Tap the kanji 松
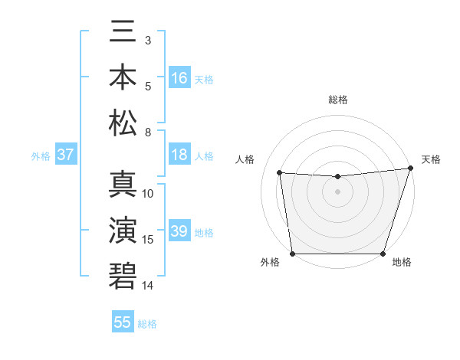click(123, 123)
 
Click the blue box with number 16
click(179, 78)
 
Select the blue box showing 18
click(179, 155)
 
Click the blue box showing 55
click(123, 322)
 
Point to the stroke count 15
click(148, 240)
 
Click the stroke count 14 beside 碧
click(148, 286)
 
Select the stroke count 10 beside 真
click(148, 194)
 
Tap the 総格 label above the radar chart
click(337, 100)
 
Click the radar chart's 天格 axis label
click(431, 159)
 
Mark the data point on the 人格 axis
click(280, 173)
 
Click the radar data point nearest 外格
click(292, 254)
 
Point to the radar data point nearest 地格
click(383, 254)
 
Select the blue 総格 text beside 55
click(147, 324)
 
